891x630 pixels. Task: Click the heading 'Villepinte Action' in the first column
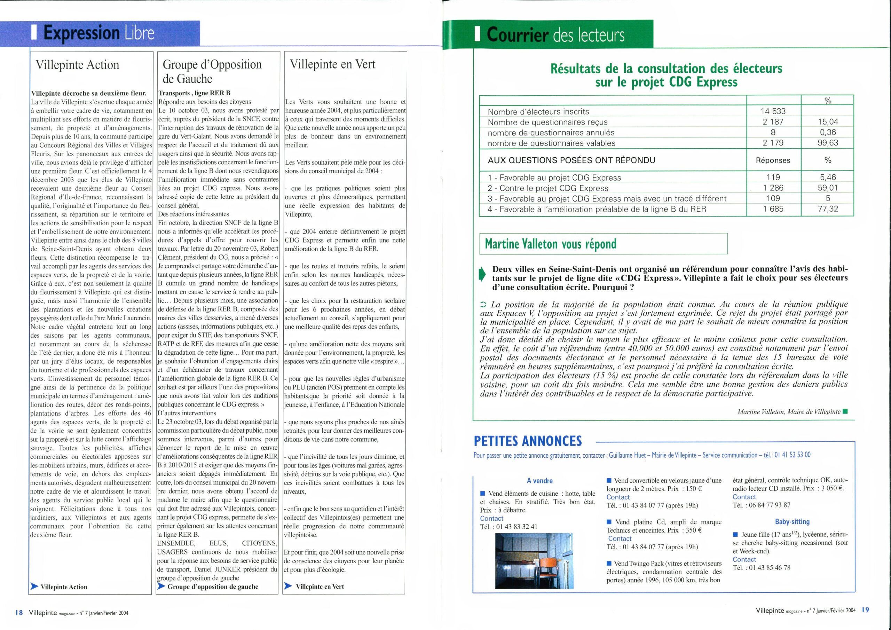click(77, 65)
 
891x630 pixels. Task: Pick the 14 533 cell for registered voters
click(773, 111)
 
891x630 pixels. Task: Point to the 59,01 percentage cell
click(827, 188)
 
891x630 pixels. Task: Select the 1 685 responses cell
click(773, 209)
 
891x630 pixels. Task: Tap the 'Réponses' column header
click(773, 160)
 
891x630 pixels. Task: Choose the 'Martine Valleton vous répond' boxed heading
click(550, 244)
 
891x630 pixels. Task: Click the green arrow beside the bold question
click(482, 274)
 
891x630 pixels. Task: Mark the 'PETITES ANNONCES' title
click(528, 441)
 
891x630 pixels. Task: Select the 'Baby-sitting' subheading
click(792, 522)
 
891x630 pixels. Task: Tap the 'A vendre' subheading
click(539, 481)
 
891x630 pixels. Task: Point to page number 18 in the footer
click(19, 613)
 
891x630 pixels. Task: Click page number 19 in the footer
click(865, 610)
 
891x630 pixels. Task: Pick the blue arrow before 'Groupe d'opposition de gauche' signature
click(161, 586)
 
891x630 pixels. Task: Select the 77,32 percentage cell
click(827, 209)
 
